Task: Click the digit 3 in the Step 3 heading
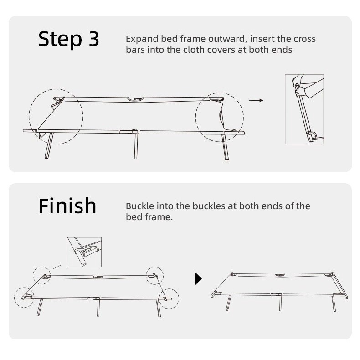coord(94,39)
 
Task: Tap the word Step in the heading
coord(60,40)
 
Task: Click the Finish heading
coord(67,206)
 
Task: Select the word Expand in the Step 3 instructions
coord(142,40)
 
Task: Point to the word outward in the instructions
coord(227,39)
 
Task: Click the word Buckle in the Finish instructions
coord(140,206)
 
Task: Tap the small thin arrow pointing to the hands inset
coord(256,100)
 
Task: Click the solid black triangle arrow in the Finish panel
coord(198,279)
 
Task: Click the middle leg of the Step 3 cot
coord(136,146)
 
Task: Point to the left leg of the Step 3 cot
coord(49,145)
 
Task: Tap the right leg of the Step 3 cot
coord(225,147)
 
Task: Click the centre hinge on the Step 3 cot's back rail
coord(136,99)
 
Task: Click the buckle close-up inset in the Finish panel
coord(84,252)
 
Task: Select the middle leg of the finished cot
coord(280,303)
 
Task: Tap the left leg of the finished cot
coord(228,303)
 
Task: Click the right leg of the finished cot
coord(334,303)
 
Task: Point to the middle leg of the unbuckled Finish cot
coord(98,308)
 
